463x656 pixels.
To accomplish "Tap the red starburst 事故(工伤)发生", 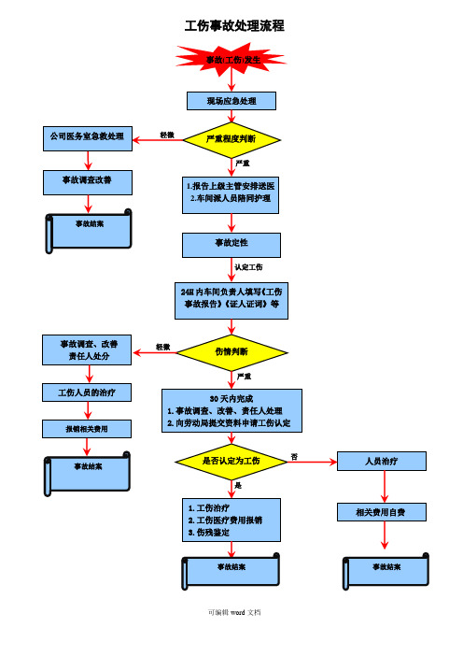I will click(x=231, y=60).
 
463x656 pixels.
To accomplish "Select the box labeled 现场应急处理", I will click(x=231, y=101).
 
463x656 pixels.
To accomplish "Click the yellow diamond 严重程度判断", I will click(x=231, y=140).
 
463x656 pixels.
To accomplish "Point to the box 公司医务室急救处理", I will click(x=88, y=136).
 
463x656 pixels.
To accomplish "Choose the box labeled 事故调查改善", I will click(x=88, y=178).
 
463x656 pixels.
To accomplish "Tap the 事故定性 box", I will click(x=231, y=244).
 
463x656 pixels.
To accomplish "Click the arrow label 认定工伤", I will click(x=249, y=267).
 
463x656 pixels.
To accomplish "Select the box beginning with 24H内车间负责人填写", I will click(x=231, y=298).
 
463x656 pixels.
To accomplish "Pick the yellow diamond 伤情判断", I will click(x=231, y=351).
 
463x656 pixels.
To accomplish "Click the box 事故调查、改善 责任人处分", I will click(x=88, y=349).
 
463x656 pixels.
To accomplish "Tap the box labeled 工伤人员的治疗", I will click(x=88, y=392).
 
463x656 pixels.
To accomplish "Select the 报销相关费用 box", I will click(x=88, y=429).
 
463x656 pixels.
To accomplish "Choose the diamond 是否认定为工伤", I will click(x=231, y=461).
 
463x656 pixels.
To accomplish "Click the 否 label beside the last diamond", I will click(x=294, y=456).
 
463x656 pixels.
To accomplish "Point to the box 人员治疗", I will click(x=383, y=461).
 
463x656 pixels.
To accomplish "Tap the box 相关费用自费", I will click(x=383, y=512).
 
